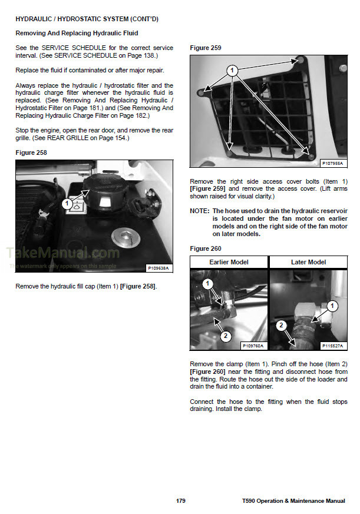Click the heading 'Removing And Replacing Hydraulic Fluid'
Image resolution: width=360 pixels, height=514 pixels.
[77, 33]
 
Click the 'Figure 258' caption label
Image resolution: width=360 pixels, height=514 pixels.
[31, 152]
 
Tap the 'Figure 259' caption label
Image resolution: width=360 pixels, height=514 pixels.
[206, 48]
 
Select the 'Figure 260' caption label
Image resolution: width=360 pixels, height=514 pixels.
[206, 248]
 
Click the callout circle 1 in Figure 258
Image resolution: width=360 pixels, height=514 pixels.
[67, 204]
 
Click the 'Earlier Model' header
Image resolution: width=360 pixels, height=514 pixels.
[229, 262]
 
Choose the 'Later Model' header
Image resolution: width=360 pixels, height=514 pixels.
[308, 262]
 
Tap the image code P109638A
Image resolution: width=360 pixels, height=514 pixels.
[157, 268]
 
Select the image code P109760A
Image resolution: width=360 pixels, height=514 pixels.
[253, 346]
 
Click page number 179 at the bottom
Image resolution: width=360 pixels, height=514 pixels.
[180, 500]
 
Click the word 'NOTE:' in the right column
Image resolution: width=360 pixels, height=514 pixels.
[200, 211]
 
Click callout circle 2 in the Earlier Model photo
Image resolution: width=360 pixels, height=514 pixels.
[224, 336]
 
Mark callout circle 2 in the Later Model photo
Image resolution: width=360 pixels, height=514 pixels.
[281, 324]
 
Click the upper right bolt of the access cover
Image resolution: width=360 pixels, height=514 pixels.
[301, 61]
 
